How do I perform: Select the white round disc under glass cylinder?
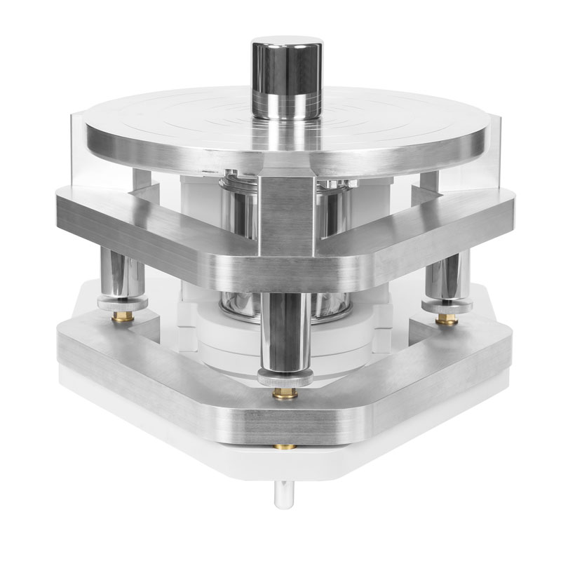point(231,337)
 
